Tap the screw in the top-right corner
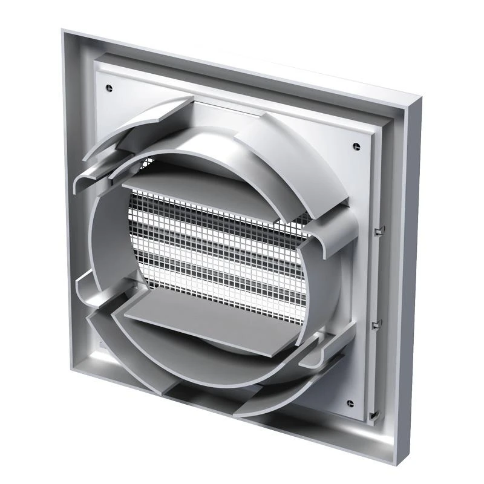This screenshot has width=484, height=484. [x=355, y=145]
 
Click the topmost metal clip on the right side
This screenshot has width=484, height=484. [x=380, y=230]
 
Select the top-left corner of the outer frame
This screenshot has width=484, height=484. [x=64, y=31]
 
